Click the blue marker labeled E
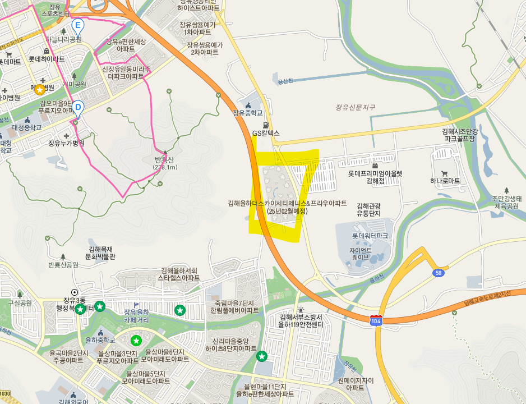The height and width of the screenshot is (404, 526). pyautogui.click(x=78, y=25)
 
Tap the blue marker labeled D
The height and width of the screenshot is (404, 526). pyautogui.click(x=78, y=107)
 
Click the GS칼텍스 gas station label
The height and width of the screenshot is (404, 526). pyautogui.click(x=265, y=134)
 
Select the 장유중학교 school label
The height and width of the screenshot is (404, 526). pyautogui.click(x=248, y=113)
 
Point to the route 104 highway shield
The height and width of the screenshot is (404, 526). pyautogui.click(x=376, y=320)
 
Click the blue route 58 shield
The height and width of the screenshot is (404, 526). pyautogui.click(x=439, y=272)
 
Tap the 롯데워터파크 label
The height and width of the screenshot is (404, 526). pyautogui.click(x=370, y=236)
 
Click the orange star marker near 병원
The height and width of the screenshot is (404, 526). pyautogui.click(x=40, y=89)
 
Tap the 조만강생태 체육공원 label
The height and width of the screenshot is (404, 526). pyautogui.click(x=506, y=202)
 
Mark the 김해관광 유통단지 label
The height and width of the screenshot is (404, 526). pyautogui.click(x=368, y=210)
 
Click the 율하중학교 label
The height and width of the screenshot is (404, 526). pyautogui.click(x=100, y=340)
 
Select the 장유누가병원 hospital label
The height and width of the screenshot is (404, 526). pyautogui.click(x=66, y=143)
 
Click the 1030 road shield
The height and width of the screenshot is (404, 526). pyautogui.click(x=5, y=393)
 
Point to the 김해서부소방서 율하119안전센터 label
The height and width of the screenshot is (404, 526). pyautogui.click(x=301, y=320)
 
